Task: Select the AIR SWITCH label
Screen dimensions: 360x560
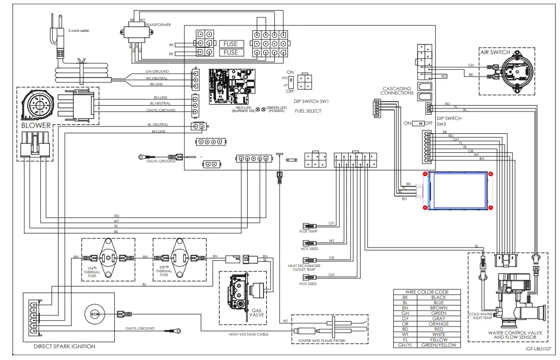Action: coord(495,53)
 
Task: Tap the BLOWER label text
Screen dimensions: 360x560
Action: coord(36,126)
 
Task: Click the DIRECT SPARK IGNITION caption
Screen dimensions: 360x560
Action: coord(64,346)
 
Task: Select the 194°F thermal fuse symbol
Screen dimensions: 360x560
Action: coord(109,258)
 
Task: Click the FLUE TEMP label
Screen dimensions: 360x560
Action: coord(308,232)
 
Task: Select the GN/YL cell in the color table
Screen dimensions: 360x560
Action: coord(405,345)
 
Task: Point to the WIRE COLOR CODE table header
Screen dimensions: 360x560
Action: coord(427,292)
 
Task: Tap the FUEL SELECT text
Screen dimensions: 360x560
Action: coord(308,110)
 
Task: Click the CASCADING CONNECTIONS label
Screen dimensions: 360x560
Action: coord(397,91)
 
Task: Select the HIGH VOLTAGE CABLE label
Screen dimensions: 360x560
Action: coord(249,334)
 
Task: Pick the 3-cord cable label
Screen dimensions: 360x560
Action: coord(78,31)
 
